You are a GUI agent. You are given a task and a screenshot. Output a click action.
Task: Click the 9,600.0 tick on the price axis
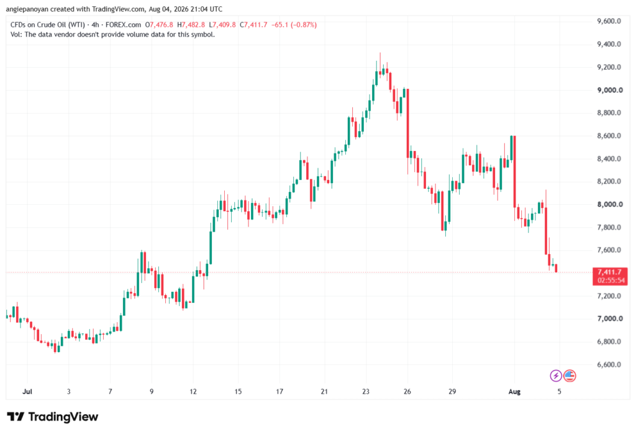click(x=609, y=21)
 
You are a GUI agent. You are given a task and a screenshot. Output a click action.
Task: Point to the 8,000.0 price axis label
click(x=610, y=204)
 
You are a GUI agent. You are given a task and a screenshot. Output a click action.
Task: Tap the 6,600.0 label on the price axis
click(x=609, y=364)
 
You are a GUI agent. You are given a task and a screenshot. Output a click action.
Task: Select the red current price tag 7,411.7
click(x=610, y=272)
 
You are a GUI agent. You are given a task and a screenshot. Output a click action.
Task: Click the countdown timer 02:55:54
click(x=611, y=280)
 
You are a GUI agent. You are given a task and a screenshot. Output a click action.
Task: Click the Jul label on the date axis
click(x=27, y=391)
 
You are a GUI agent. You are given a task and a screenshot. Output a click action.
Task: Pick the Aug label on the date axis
click(x=514, y=391)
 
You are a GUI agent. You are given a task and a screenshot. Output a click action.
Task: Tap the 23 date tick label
click(x=365, y=391)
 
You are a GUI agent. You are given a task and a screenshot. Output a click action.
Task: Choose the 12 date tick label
click(x=193, y=391)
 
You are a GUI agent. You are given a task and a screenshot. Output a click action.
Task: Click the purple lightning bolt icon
click(x=556, y=376)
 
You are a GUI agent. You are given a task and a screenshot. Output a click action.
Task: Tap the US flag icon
click(x=570, y=376)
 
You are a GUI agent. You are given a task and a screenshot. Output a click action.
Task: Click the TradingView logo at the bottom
click(x=52, y=417)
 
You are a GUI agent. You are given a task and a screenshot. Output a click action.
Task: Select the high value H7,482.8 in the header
click(x=191, y=25)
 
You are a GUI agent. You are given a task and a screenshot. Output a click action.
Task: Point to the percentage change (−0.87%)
click(x=303, y=25)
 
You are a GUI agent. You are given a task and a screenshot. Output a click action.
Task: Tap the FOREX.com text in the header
click(x=124, y=25)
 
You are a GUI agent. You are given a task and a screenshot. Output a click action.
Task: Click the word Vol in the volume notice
click(x=15, y=35)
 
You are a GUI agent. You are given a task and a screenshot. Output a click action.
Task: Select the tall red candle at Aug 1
click(x=514, y=171)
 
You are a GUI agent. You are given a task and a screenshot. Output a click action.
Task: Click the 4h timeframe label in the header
click(x=95, y=25)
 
